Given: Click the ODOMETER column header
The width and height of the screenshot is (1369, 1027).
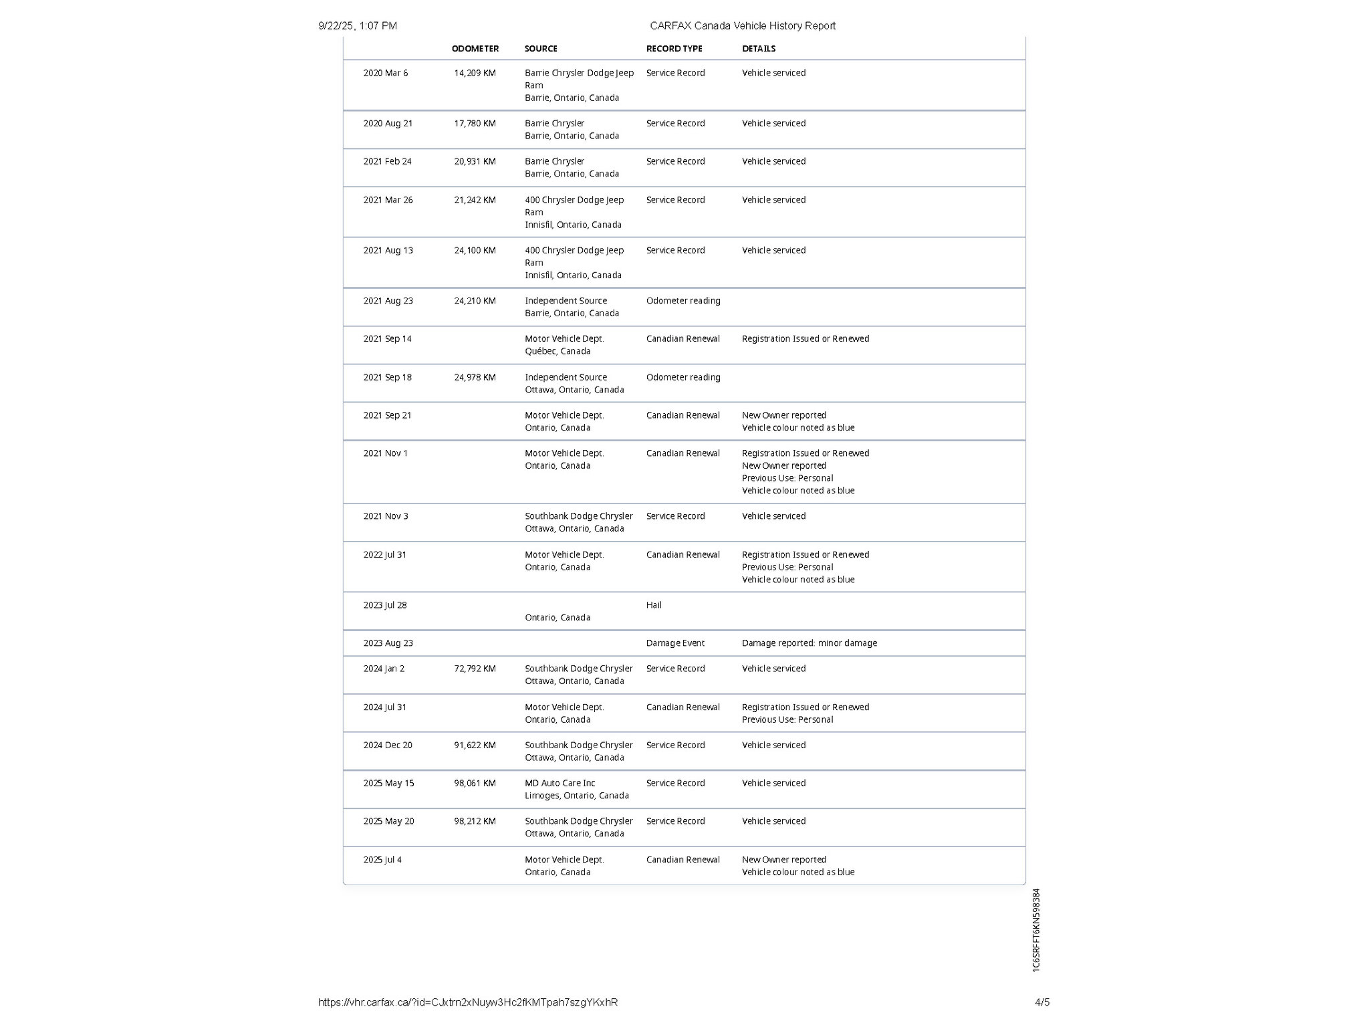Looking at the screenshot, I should [475, 49].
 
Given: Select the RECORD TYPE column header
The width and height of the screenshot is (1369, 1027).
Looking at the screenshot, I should [674, 49].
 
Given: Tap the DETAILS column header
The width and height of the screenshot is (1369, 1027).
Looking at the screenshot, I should [759, 49].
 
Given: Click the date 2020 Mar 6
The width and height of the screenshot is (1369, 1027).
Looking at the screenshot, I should [385, 73].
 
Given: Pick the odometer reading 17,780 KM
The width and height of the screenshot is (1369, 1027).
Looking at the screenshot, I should [475, 124].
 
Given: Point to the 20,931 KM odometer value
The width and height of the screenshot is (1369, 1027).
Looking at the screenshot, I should [475, 162].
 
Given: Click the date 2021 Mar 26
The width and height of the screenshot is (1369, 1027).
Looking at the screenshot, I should [388, 200].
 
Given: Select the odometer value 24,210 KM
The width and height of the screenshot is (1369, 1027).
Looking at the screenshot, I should [475, 301].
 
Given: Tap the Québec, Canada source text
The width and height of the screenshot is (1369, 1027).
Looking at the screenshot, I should [557, 352].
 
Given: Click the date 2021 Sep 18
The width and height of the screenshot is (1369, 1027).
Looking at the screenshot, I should [387, 378].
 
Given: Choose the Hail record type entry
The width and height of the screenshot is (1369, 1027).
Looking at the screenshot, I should [654, 605].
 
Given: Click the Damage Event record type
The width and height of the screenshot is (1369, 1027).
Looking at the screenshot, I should [675, 643].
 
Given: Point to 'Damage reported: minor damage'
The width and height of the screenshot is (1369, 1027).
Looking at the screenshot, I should [809, 643].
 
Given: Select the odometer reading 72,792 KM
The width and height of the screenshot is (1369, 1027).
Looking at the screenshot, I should [475, 669].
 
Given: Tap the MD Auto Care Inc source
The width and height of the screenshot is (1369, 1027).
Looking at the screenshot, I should [559, 783].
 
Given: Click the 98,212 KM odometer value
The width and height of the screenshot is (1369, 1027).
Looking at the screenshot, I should [475, 821].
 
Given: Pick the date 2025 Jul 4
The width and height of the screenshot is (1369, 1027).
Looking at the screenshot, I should [382, 860].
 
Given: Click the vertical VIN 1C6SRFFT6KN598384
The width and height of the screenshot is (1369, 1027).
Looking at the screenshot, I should [1036, 930].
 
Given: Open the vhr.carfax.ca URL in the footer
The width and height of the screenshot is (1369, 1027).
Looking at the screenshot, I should [468, 1002].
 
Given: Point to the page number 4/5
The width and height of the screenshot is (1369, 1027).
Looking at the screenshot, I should [1042, 1002].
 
